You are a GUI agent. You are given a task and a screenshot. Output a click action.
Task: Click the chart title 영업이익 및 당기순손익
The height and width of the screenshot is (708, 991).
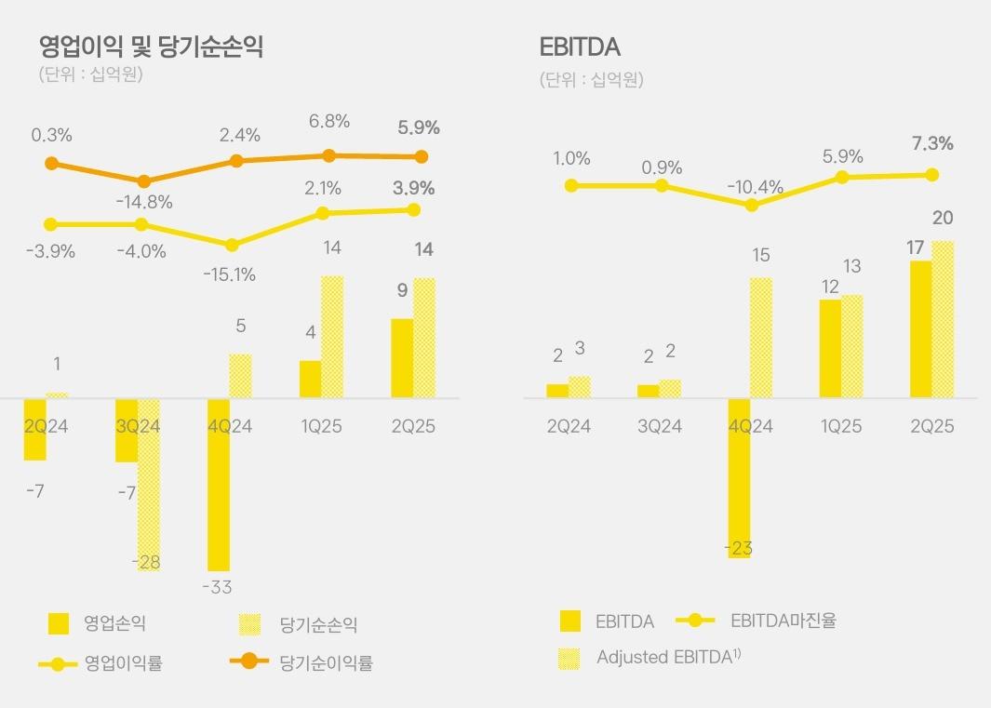click(x=151, y=47)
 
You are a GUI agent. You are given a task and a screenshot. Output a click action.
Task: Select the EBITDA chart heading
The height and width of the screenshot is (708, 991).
click(x=580, y=47)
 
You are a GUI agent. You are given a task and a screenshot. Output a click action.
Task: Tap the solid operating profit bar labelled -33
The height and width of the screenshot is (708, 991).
click(x=219, y=484)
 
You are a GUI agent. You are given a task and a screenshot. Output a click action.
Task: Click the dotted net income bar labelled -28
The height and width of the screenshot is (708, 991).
click(x=149, y=484)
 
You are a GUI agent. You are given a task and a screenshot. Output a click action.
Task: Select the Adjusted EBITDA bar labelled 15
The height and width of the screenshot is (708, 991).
click(x=761, y=338)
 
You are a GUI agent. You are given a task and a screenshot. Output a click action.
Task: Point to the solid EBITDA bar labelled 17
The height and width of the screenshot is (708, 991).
click(x=920, y=329)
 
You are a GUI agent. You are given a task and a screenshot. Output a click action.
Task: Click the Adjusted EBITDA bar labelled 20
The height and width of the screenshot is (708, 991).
click(x=943, y=319)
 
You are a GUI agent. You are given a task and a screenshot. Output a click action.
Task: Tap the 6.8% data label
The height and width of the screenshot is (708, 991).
click(x=329, y=121)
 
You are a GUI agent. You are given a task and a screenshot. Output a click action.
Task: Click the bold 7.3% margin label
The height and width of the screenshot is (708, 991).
click(x=932, y=143)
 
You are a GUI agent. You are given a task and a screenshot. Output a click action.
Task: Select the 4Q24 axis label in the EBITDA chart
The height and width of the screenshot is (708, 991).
click(x=751, y=426)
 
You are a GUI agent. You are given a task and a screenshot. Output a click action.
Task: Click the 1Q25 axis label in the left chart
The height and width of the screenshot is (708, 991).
click(x=321, y=426)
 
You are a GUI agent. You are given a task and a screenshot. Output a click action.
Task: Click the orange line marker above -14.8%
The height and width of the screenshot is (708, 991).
click(x=144, y=181)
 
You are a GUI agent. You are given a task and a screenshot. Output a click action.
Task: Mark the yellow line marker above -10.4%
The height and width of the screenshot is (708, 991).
click(x=752, y=205)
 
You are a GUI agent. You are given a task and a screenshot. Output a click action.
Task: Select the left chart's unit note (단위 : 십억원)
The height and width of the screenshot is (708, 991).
click(x=90, y=74)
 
